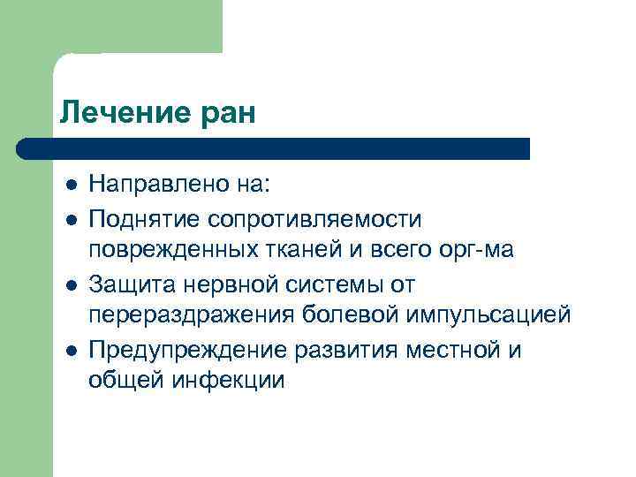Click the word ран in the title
tap(223, 114)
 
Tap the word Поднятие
tap(146, 218)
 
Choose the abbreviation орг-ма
tap(476, 251)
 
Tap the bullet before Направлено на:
tap(71, 185)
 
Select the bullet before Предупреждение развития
tap(71, 350)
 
